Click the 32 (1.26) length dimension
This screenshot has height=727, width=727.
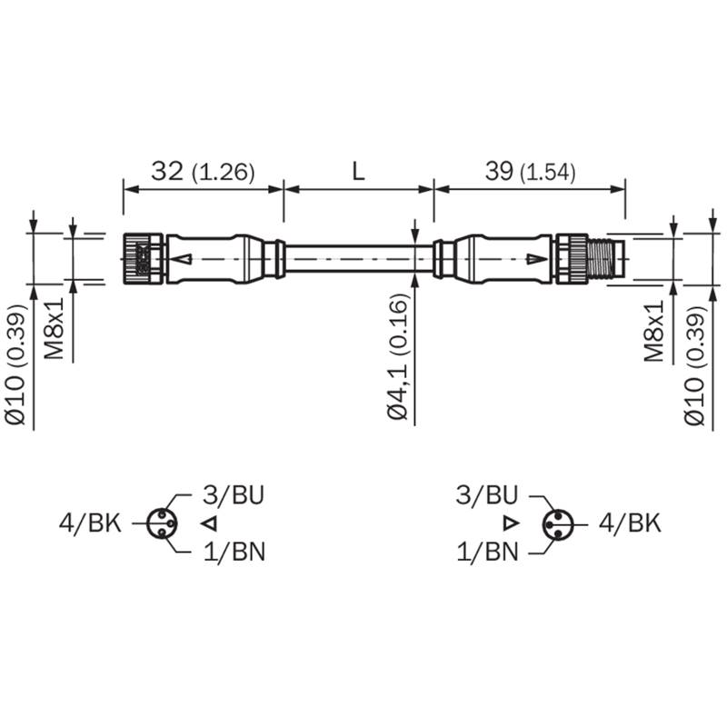pos(203,172)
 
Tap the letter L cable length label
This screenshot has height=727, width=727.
pos(358,172)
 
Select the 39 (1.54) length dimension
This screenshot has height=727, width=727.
pos(531,172)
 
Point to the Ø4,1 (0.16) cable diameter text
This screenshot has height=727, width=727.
pos(399,356)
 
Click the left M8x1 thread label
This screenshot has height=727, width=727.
pos(54,329)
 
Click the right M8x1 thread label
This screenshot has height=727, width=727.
pos(653,331)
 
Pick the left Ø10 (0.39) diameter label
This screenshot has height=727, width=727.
pos(15,364)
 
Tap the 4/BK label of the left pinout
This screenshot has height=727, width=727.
pos(90,523)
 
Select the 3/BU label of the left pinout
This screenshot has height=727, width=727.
pos(234,494)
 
